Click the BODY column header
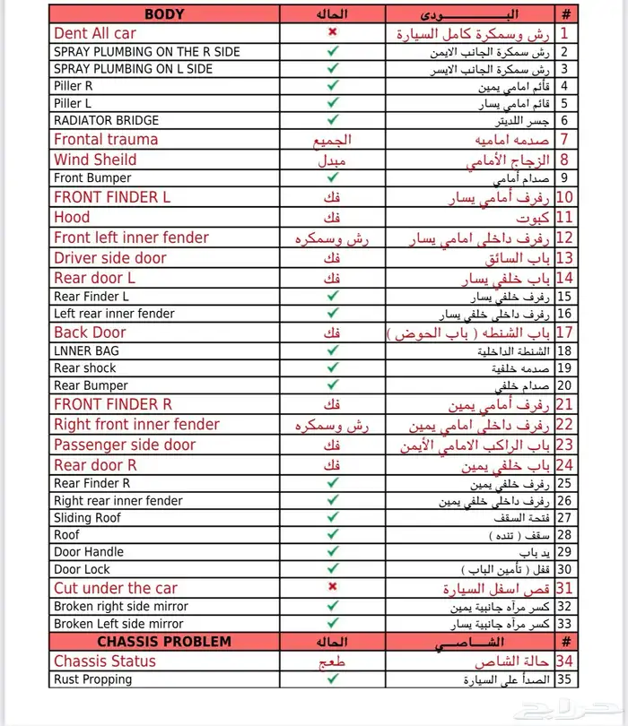[x=164, y=14]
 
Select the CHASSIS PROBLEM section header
[x=164, y=642]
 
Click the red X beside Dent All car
[x=333, y=33]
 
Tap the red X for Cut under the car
[x=333, y=587]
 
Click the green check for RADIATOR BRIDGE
[x=333, y=120]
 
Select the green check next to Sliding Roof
[x=333, y=518]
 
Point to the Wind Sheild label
[x=95, y=160]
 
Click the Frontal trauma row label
[x=105, y=140]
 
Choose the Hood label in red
[x=72, y=217]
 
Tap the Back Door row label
[x=90, y=333]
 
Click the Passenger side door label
[x=124, y=445]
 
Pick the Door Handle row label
[x=88, y=552]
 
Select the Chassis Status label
[x=104, y=661]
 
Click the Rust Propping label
[x=92, y=679]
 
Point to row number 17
[x=565, y=333]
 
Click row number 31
[x=565, y=588]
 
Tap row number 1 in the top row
[x=565, y=33]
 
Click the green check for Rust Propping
[x=333, y=679]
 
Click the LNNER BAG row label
[x=85, y=350]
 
